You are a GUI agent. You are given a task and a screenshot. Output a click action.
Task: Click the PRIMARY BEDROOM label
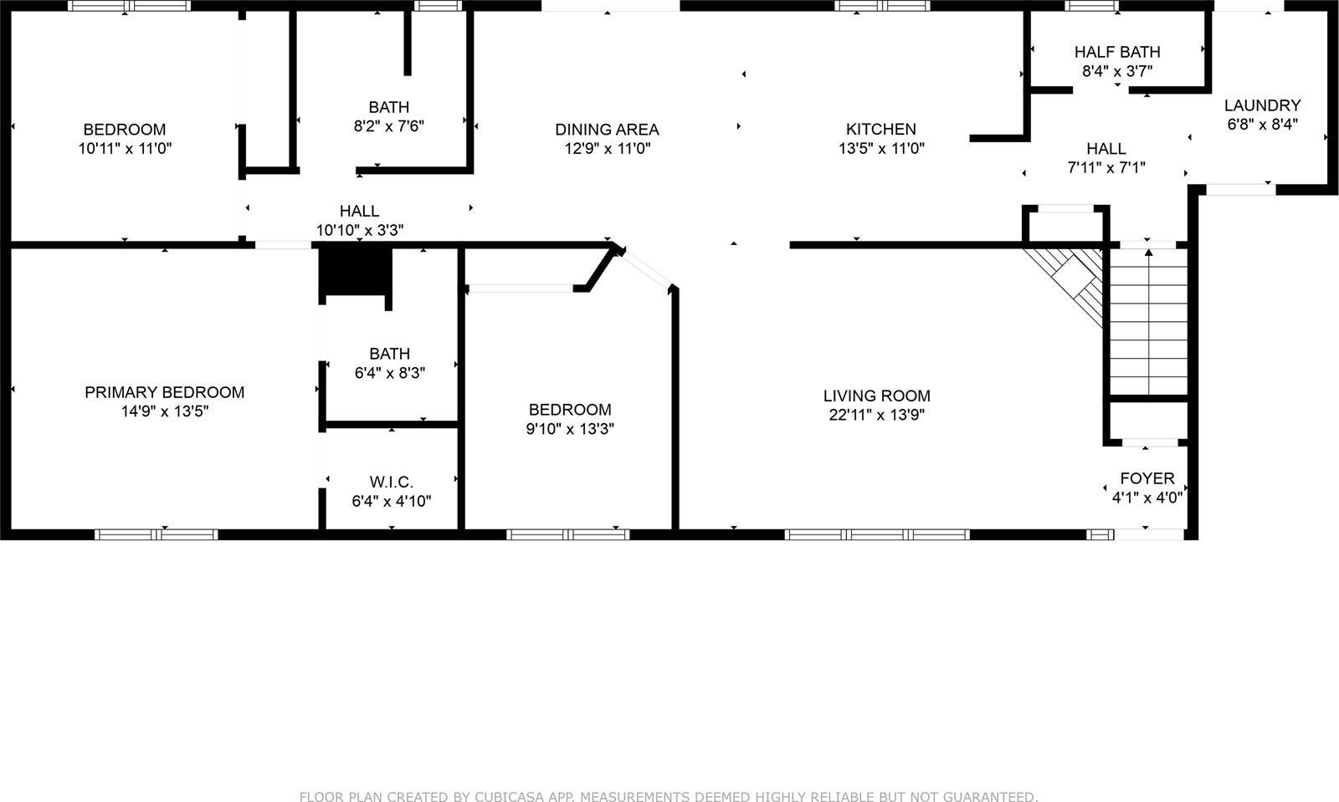point(164,392)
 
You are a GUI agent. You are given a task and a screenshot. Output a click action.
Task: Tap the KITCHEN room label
point(880,129)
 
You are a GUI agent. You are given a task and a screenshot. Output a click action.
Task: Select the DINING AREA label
point(607,129)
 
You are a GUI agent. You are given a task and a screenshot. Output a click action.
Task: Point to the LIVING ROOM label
point(876,396)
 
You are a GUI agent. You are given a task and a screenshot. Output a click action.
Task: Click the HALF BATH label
point(1117,52)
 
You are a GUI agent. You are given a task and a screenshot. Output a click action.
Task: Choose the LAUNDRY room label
point(1262,105)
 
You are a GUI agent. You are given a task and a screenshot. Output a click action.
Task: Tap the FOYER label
point(1147,478)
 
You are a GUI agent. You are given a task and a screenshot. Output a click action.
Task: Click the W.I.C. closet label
point(391,483)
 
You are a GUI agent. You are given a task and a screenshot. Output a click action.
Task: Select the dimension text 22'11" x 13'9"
point(876,415)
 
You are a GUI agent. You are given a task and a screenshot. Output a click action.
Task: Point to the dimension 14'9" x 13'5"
point(164,411)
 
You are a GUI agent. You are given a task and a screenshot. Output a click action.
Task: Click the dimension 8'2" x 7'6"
point(389,126)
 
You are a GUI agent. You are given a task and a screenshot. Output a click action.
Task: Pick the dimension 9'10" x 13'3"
point(570,429)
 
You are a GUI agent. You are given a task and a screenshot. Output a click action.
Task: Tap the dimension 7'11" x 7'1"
point(1106,167)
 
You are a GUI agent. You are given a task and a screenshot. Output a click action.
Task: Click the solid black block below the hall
point(357,273)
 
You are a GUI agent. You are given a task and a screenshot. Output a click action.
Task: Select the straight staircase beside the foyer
point(1148,321)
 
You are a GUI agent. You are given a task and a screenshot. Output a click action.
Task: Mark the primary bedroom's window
point(156,534)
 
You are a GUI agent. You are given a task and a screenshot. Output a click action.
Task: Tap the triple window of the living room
point(876,534)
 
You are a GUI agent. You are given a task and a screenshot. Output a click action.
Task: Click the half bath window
point(1091,7)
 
